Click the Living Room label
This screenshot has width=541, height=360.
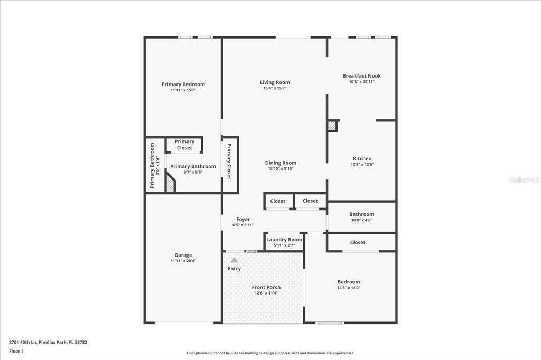click(x=275, y=82)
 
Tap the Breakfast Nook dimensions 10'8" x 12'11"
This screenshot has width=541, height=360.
click(x=361, y=82)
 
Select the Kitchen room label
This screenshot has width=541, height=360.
click(x=362, y=158)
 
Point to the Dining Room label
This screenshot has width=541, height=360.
click(x=281, y=163)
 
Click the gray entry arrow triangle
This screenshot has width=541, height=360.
click(x=234, y=260)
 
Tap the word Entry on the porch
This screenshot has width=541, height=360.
click(x=234, y=269)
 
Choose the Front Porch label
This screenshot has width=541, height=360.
click(x=266, y=287)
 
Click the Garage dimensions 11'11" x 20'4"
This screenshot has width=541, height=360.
click(x=183, y=261)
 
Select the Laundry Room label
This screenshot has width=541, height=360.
click(x=284, y=239)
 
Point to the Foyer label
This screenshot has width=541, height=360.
click(x=243, y=219)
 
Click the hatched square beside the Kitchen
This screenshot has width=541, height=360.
click(x=332, y=126)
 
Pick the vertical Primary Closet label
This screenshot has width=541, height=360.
click(x=229, y=162)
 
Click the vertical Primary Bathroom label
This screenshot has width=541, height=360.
click(x=152, y=166)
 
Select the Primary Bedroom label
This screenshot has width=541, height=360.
click(x=183, y=84)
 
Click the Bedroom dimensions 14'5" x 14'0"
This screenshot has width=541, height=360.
click(x=349, y=288)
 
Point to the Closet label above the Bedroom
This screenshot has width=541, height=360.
click(x=358, y=242)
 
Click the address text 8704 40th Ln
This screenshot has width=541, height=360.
click(x=23, y=343)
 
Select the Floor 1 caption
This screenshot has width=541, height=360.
click(x=16, y=352)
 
